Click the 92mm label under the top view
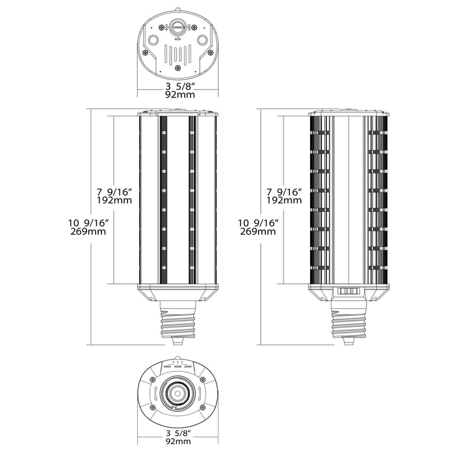pos(177,95)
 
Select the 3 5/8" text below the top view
pos(177,85)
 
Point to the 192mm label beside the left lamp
pos(114,201)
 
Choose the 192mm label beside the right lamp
pos(283,201)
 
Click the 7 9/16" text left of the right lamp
pos(283,192)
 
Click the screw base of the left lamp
pos(177,322)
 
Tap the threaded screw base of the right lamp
pos(350,322)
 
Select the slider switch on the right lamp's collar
pos(350,294)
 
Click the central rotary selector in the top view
pos(177,29)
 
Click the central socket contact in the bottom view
pos(177,392)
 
